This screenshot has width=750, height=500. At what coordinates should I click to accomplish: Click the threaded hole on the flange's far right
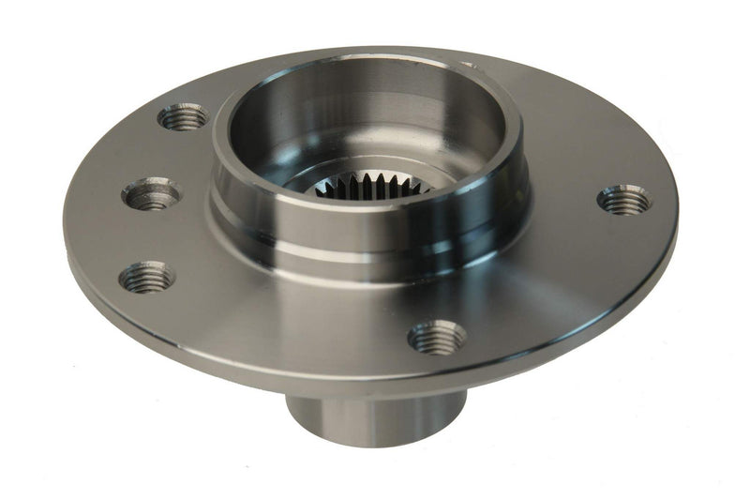tap(624, 200)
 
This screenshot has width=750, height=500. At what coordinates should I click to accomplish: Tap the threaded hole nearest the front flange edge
tap(437, 336)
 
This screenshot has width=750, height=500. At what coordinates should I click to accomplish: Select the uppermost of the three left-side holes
tap(183, 117)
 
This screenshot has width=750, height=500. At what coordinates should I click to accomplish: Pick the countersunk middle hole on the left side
tap(151, 195)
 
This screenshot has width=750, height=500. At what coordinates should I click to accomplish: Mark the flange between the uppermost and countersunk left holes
tap(165, 155)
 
